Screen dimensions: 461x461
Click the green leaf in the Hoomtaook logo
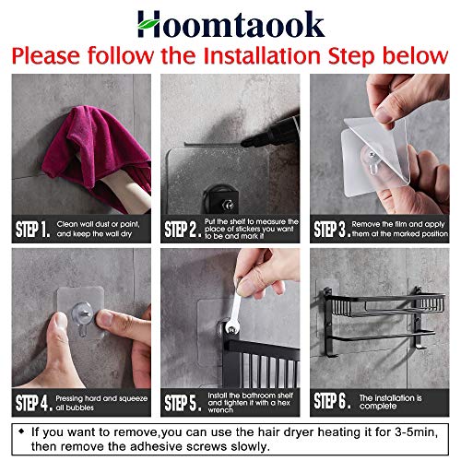click(x=148, y=23)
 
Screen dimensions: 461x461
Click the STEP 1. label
click(x=32, y=230)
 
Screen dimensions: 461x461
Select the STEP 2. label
click(x=183, y=230)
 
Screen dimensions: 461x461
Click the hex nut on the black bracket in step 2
click(x=228, y=205)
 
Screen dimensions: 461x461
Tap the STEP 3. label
click(x=332, y=230)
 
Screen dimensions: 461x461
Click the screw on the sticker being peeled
click(x=372, y=155)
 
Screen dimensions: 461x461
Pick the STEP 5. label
click(x=183, y=403)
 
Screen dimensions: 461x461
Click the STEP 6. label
click(x=332, y=401)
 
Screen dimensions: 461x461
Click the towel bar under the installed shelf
click(x=382, y=336)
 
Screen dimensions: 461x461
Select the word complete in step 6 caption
click(x=378, y=407)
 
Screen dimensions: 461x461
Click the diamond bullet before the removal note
click(x=21, y=431)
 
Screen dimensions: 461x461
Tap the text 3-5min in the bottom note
click(x=416, y=431)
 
